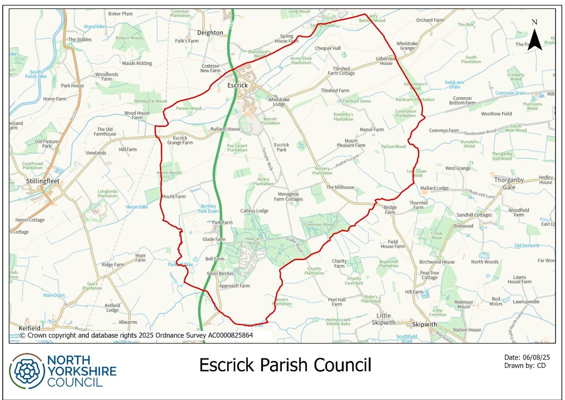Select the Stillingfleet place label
(x=36, y=182)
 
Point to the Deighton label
(x=210, y=33)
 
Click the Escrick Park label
(x=281, y=147)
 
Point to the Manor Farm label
(x=372, y=130)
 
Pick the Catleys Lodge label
(x=254, y=211)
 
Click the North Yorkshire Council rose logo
(x=27, y=370)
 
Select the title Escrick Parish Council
(x=285, y=365)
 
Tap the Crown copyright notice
(x=136, y=335)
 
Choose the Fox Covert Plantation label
(x=237, y=148)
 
